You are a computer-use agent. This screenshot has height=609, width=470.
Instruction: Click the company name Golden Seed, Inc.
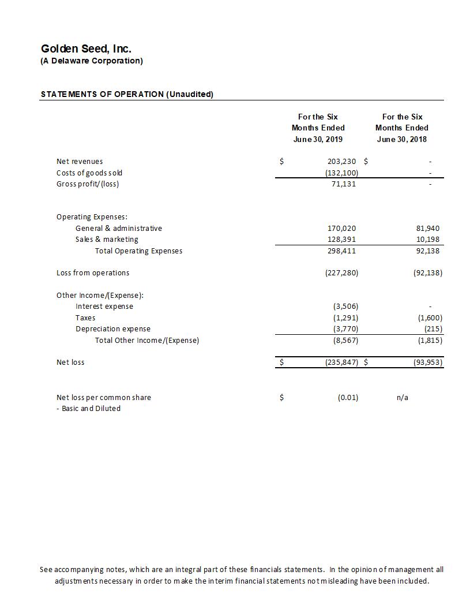click(86, 49)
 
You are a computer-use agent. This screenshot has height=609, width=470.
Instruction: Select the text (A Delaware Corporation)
click(92, 61)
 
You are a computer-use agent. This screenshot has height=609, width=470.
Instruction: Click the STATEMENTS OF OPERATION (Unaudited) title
click(127, 94)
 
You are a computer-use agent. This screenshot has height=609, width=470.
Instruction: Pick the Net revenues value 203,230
click(342, 162)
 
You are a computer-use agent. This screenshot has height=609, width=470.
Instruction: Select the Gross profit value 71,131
click(344, 184)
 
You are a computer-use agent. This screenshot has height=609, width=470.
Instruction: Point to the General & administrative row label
click(119, 228)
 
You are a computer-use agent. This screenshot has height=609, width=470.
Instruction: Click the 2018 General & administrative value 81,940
click(427, 228)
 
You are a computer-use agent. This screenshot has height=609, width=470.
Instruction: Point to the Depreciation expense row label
click(113, 329)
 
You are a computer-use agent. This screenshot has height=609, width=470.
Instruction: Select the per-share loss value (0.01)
click(348, 397)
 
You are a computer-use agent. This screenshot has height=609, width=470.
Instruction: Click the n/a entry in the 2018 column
click(403, 397)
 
